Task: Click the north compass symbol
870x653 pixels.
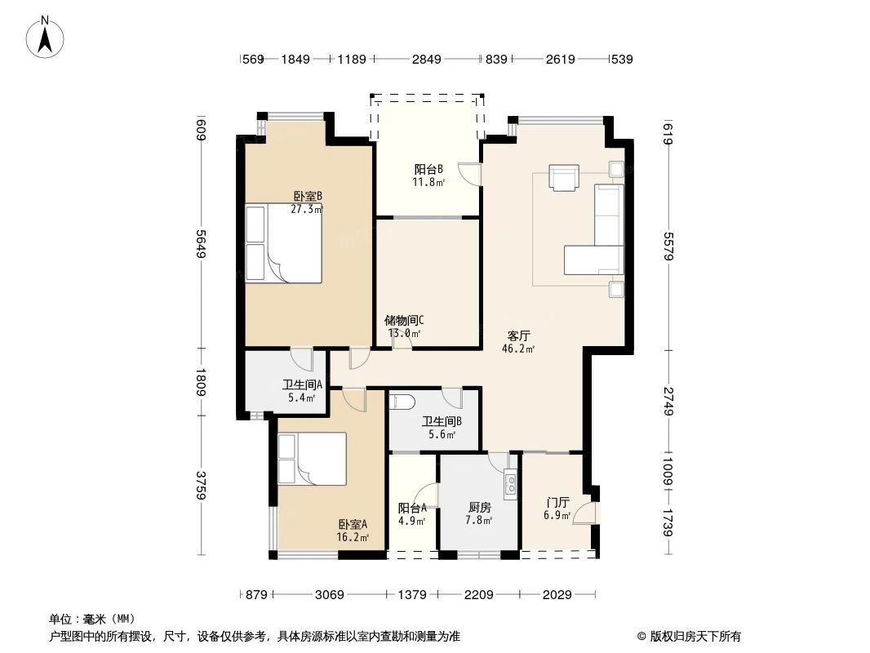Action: point(47,36)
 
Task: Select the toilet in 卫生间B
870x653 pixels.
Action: point(404,402)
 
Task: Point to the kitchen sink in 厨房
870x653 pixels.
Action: point(511,484)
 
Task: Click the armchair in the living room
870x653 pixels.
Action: point(563,177)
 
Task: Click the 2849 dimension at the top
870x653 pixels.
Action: point(426,59)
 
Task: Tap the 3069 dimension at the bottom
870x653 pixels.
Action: point(330,595)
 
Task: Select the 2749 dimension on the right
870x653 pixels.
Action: point(668,401)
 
